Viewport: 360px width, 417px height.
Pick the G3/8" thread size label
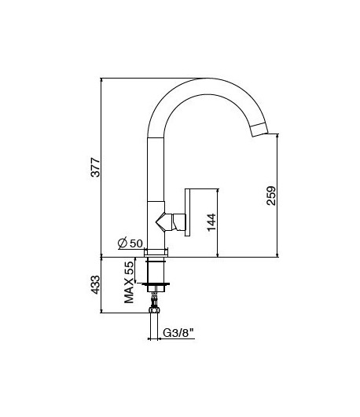[179, 333]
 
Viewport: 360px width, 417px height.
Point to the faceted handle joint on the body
[167, 222]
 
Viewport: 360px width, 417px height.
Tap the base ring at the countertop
[156, 253]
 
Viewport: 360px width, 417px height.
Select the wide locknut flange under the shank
[156, 283]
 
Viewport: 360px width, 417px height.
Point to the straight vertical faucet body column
[156, 173]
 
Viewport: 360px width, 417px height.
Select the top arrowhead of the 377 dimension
[103, 80]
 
